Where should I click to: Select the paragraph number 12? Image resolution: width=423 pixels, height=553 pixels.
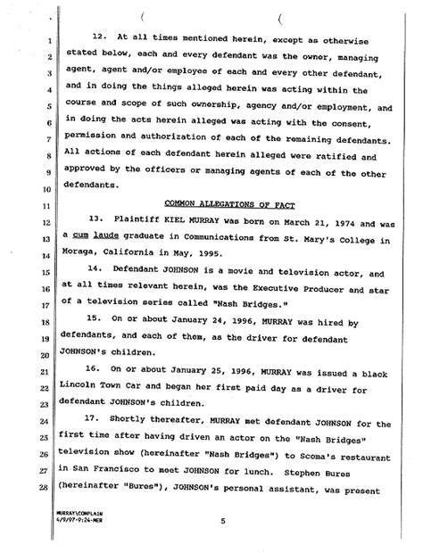[100, 37]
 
